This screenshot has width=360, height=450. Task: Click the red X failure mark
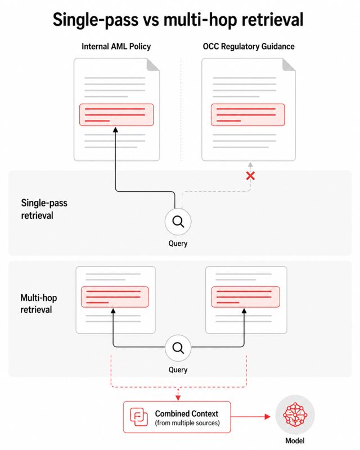click(x=250, y=176)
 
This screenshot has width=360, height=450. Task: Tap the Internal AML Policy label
click(x=116, y=47)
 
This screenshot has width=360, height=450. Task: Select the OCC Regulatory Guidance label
click(x=249, y=47)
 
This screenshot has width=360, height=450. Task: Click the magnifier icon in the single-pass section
click(x=178, y=222)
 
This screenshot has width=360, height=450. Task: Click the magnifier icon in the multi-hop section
click(x=178, y=348)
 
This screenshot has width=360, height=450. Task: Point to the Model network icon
click(x=295, y=415)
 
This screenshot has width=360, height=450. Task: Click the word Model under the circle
click(x=295, y=440)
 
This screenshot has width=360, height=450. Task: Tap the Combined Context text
click(x=187, y=413)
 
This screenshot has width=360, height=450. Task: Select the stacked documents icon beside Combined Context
click(x=139, y=417)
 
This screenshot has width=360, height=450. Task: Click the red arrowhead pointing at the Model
click(x=268, y=417)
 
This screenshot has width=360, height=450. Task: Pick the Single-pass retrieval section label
click(x=44, y=209)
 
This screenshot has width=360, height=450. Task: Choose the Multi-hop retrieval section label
click(x=39, y=304)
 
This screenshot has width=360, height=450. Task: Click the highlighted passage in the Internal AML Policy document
click(x=116, y=115)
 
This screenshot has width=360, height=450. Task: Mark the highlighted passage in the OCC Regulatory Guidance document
click(x=248, y=115)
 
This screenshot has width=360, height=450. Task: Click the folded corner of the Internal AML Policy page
click(x=153, y=65)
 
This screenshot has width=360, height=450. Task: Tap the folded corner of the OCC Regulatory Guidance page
click(x=289, y=65)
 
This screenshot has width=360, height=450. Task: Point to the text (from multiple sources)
click(x=187, y=423)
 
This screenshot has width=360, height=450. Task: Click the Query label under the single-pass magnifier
click(x=178, y=244)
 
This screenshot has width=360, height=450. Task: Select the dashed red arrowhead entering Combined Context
click(x=178, y=398)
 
